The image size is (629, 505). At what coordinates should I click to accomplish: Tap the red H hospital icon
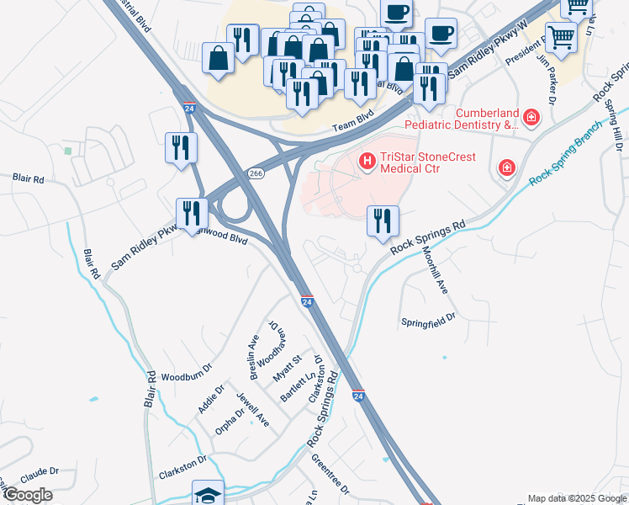tap(367, 160)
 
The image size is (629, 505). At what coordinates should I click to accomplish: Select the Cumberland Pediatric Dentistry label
tap(460, 119)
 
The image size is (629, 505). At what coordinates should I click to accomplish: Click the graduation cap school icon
tap(208, 494)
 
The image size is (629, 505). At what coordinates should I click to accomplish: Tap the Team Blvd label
tap(351, 125)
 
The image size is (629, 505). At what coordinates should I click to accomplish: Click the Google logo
tap(28, 495)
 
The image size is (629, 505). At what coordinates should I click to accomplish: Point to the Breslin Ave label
tap(252, 354)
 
